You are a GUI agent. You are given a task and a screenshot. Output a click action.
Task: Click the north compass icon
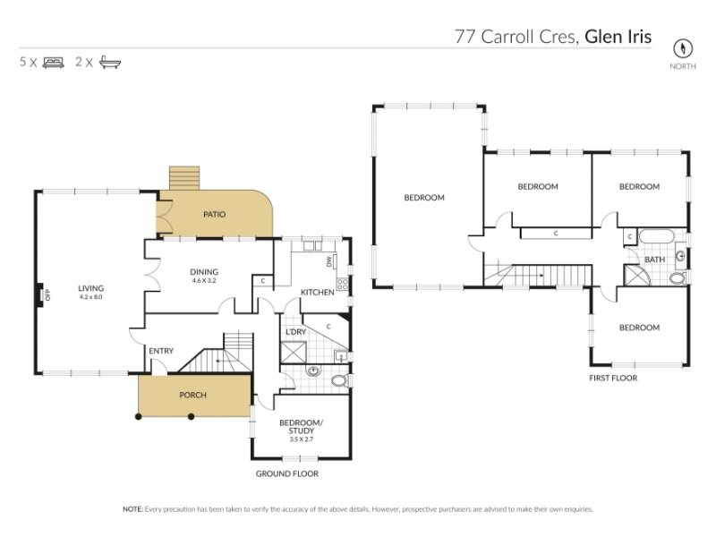point(683,48)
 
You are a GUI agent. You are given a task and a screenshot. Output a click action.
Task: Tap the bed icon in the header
point(53,62)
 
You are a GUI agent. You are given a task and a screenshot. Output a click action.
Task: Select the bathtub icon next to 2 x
point(110,62)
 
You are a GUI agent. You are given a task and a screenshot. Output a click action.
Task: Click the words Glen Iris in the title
point(618,37)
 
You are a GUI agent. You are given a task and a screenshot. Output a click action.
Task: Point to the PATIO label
point(214,214)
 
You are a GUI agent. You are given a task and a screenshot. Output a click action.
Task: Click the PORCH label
point(192,395)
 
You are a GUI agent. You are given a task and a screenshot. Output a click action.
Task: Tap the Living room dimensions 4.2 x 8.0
point(91,297)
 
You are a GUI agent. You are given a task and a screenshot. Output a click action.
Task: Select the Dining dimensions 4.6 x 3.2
point(204,280)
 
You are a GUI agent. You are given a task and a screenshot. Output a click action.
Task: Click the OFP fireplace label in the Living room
point(48,295)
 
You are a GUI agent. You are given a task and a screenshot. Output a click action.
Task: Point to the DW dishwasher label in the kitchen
point(328,261)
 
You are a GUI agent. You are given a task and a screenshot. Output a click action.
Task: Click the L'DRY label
point(296,332)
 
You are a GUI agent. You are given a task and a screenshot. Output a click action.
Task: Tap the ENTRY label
point(161,351)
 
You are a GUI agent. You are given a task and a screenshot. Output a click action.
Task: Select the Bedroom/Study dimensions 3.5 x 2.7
point(302,439)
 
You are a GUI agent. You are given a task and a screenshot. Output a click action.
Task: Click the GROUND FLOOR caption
point(286,474)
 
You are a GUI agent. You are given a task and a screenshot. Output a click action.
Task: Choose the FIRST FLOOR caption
point(613,378)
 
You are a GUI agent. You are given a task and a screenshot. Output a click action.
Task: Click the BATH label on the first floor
point(654,260)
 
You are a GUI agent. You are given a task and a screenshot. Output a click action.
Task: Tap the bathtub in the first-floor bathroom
point(657,236)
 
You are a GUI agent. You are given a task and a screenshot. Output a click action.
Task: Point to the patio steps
point(184,178)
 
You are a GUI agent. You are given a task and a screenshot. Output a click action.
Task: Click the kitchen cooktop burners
point(342,284)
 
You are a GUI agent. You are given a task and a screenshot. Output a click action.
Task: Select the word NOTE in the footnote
point(132,509)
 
